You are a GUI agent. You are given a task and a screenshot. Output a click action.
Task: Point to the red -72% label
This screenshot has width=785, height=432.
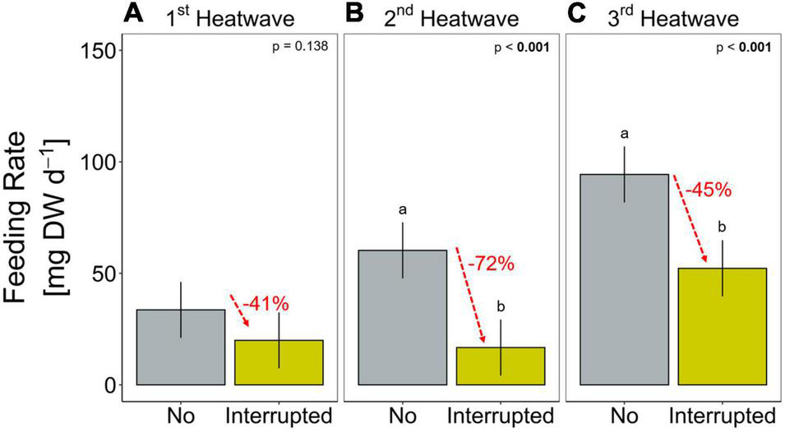click(x=490, y=264)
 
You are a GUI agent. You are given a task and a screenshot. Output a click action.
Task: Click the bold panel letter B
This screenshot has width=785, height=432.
click(x=354, y=13)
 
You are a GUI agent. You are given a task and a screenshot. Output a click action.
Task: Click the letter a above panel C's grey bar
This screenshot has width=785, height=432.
click(x=624, y=134)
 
